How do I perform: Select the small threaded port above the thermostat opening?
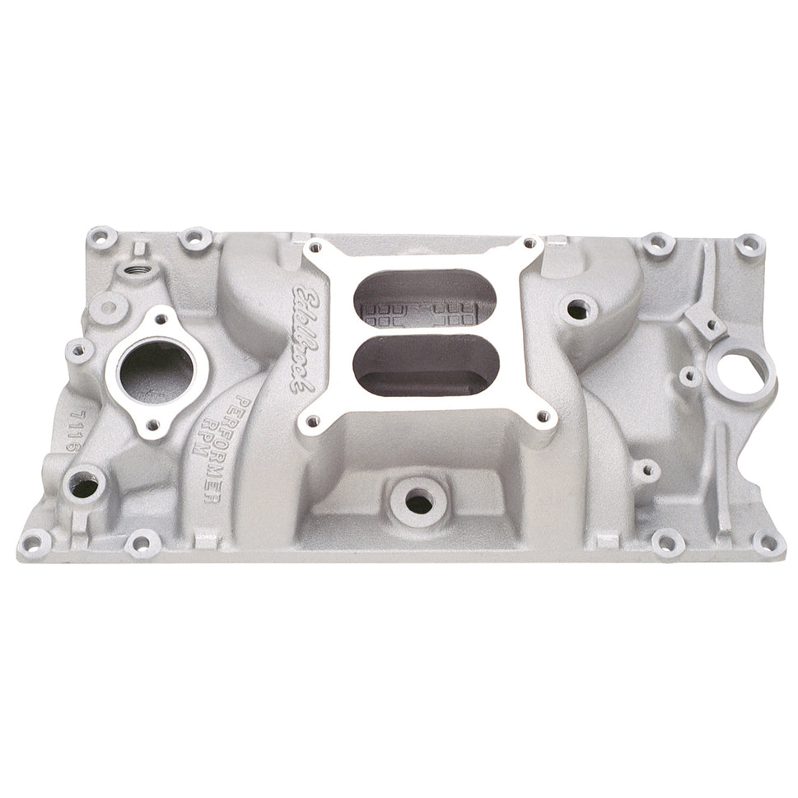click(130, 269)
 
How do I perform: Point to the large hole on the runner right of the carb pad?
click(582, 310)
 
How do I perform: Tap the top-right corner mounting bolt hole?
click(750, 244)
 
